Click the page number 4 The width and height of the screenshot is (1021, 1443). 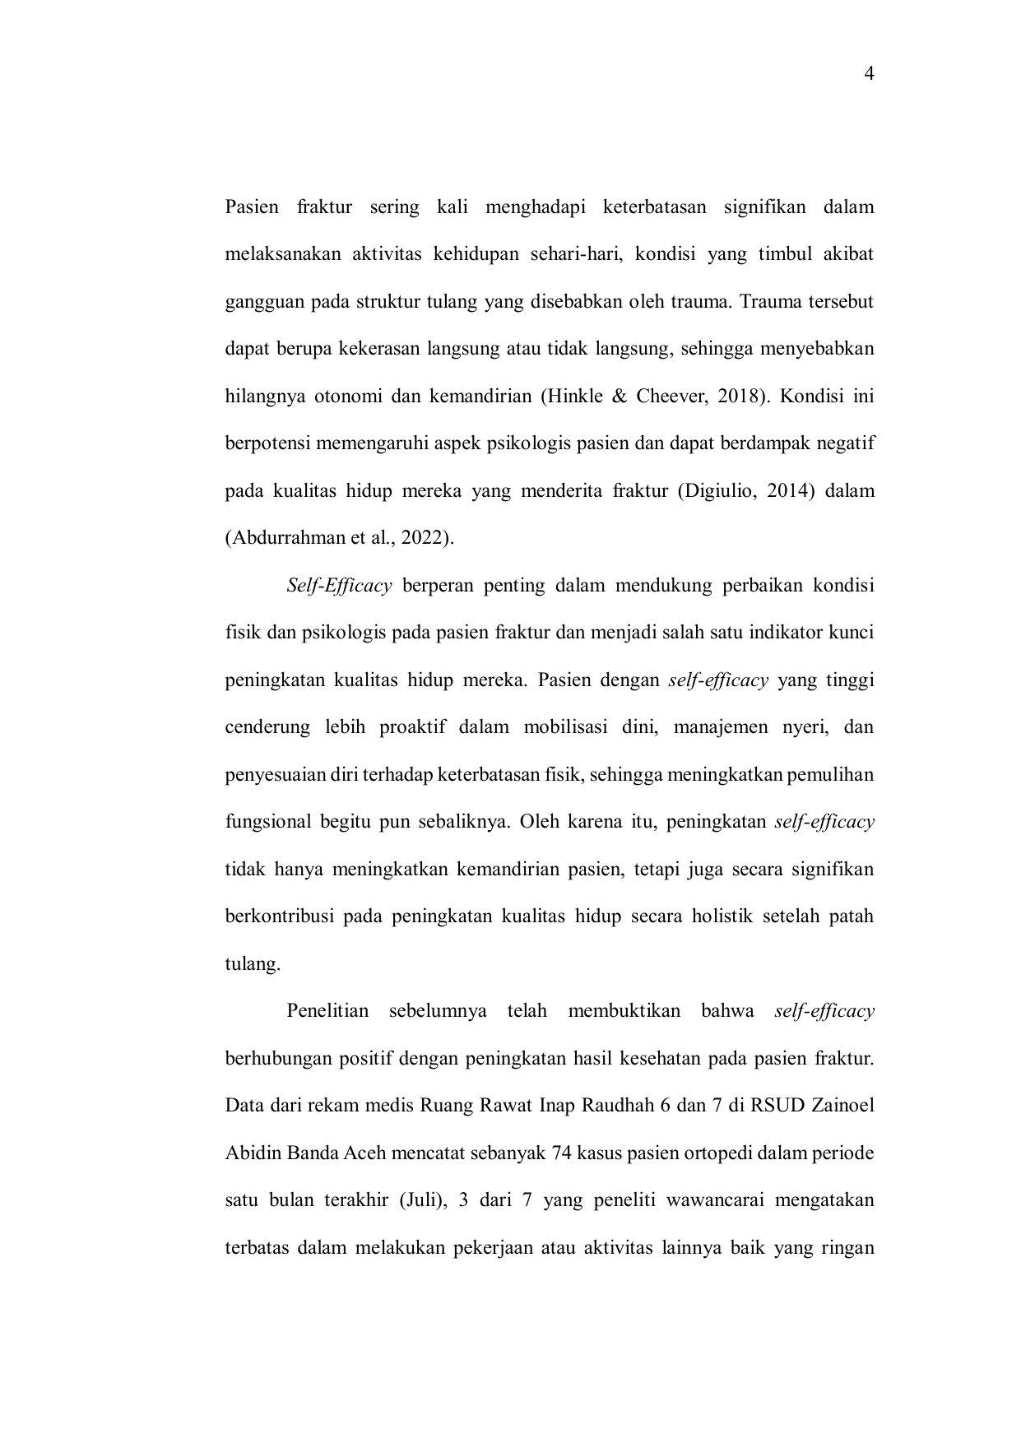point(869,74)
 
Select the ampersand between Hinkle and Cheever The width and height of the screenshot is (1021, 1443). point(620,397)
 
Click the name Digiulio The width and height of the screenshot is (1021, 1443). point(717,491)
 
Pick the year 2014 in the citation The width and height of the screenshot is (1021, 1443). point(785,491)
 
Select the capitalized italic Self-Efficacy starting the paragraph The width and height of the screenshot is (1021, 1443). point(339,586)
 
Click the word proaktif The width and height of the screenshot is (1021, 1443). point(412,727)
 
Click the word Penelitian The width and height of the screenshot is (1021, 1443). point(327,1011)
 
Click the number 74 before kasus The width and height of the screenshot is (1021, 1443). point(563,1153)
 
